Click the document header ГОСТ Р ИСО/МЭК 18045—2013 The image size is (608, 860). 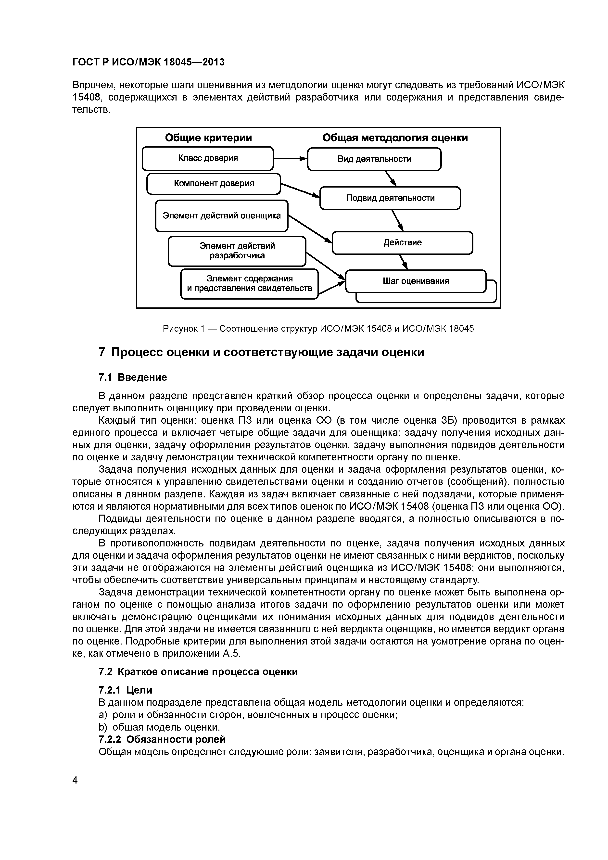pos(148,62)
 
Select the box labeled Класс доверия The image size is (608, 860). pos(208,158)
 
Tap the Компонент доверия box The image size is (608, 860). pos(214,184)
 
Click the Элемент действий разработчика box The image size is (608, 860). pos(237,251)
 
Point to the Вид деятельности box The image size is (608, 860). pos(374,159)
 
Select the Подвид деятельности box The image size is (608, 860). pos(390,198)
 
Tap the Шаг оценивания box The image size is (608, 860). pos(416,281)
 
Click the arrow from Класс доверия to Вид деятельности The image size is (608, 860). pos(290,159)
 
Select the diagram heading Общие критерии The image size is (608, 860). pos(208,138)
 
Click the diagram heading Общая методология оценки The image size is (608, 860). pos(395,138)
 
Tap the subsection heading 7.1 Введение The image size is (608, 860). pos(133,377)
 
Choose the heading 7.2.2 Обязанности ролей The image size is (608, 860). pos(162,739)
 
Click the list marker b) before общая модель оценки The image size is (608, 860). pos(103,727)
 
